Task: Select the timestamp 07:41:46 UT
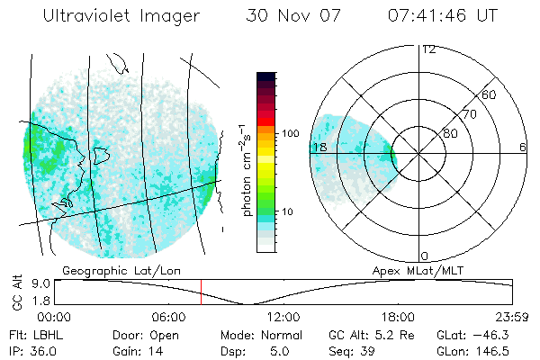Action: click(442, 16)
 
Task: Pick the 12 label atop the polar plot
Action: click(428, 49)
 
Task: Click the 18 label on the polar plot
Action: click(319, 147)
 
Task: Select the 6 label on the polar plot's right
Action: click(522, 147)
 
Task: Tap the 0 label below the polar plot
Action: click(425, 256)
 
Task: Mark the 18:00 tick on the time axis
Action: click(398, 317)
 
